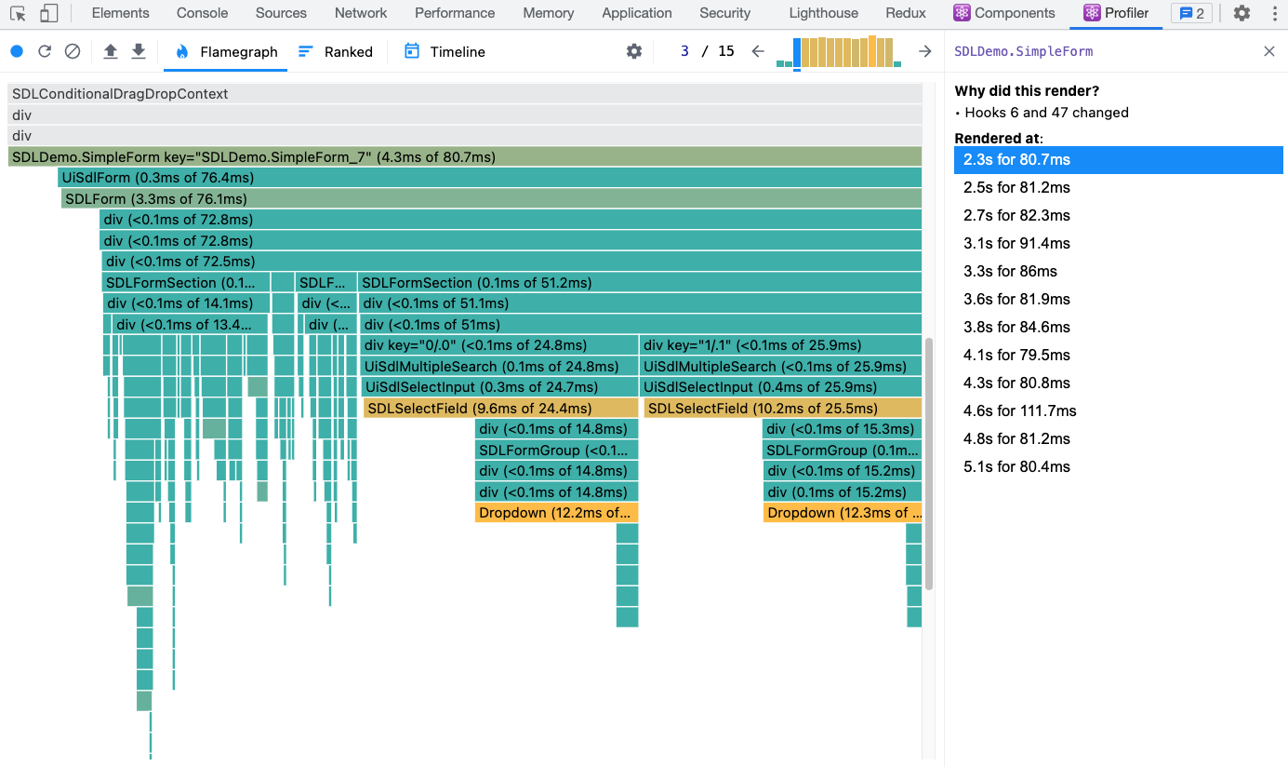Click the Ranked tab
[336, 52]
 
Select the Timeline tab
[445, 52]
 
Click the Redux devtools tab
[906, 13]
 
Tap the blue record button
[17, 52]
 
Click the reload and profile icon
[45, 52]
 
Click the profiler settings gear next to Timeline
[634, 52]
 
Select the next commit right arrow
[924, 52]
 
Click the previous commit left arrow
[758, 52]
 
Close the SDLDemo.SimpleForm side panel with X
[1269, 52]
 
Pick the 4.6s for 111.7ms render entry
[1019, 410]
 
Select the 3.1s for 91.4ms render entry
[1016, 243]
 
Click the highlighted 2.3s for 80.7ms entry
[1016, 159]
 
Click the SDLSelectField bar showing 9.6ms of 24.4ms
[500, 408]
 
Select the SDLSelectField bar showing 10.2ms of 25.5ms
[781, 408]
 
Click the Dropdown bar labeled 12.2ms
[555, 513]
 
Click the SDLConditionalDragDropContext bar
[464, 94]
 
